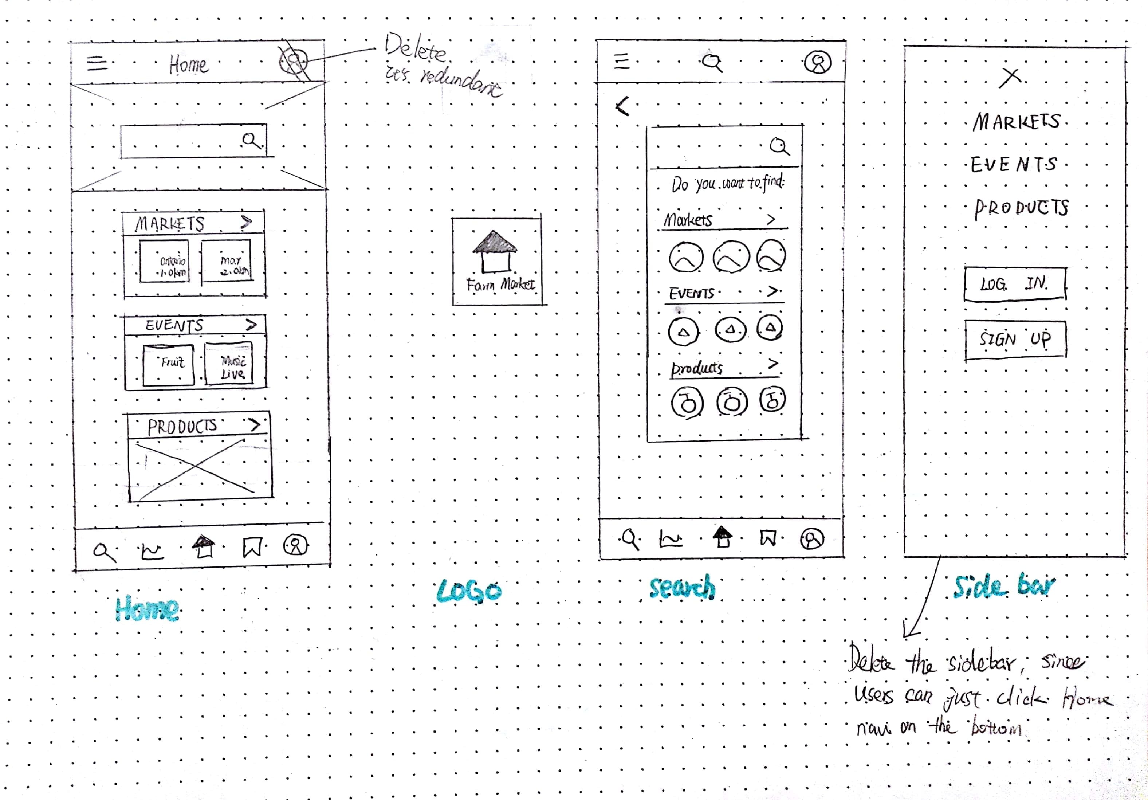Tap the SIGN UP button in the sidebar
click(x=1015, y=340)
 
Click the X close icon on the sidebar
click(x=1010, y=78)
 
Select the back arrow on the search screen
click(x=622, y=106)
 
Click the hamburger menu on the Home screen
click(x=97, y=63)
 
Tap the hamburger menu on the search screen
click(x=621, y=61)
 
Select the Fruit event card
click(x=169, y=365)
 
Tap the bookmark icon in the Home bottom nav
click(x=252, y=547)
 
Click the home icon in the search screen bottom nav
click(x=722, y=537)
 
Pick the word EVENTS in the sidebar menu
click(x=1014, y=165)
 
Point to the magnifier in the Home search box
click(x=251, y=141)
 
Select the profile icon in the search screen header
click(x=818, y=63)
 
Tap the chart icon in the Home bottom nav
click(x=151, y=551)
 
